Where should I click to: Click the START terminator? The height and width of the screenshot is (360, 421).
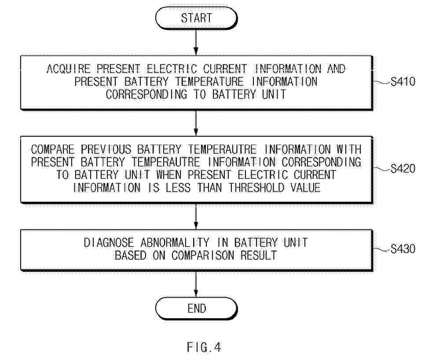[196, 18]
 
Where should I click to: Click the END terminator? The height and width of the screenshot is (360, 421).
[196, 309]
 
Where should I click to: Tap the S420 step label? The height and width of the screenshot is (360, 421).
[403, 169]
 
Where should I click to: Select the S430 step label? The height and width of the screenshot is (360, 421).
[403, 249]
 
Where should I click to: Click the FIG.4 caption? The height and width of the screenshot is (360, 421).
[204, 347]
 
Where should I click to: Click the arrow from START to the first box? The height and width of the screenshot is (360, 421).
[196, 42]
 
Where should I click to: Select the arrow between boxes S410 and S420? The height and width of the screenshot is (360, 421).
[196, 123]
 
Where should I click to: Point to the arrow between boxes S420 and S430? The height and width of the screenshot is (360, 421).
[196, 216]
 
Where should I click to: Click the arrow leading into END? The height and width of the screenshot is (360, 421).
[196, 284]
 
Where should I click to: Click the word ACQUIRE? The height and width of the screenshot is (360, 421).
[69, 69]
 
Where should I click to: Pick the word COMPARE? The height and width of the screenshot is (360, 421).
[53, 149]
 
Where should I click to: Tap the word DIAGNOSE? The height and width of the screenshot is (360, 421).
[109, 243]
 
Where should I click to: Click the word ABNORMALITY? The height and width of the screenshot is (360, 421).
[175, 243]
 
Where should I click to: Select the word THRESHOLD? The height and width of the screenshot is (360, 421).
[256, 188]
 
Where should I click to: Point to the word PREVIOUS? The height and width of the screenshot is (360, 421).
[106, 149]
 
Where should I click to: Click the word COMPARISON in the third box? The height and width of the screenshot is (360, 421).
[203, 255]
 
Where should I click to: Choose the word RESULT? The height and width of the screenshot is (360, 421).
[258, 255]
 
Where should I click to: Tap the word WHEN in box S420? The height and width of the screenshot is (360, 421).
[169, 175]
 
